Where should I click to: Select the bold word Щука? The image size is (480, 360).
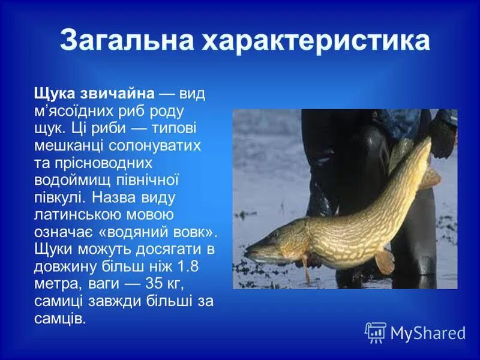click(54, 93)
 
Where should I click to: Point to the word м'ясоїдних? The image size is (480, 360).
click(77, 111)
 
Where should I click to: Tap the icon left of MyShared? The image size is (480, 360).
click(376, 332)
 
